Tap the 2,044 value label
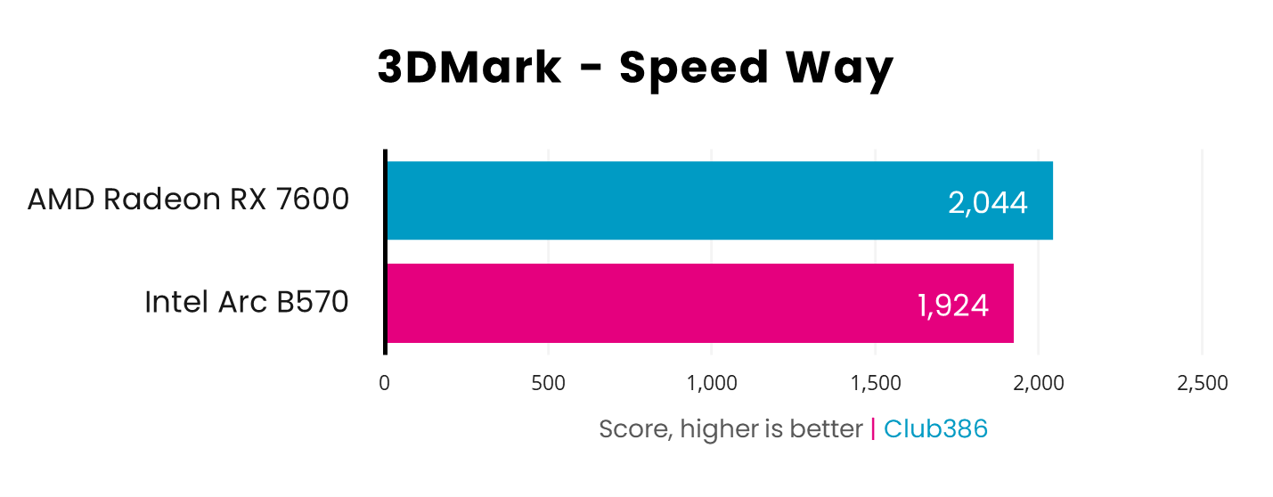coord(988,203)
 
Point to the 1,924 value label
coord(952,306)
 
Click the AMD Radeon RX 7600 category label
coord(188,200)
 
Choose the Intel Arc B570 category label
coord(246,303)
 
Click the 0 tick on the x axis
coord(384,383)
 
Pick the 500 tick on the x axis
coord(548,383)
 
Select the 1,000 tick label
coord(712,383)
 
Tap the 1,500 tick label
coord(876,383)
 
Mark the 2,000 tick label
coord(1039,383)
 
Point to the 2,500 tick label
coord(1203,383)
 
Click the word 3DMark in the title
coord(469,69)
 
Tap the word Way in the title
coord(842,69)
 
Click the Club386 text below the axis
coord(935,429)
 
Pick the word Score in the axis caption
coord(632,429)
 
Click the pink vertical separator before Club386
coord(873,429)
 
